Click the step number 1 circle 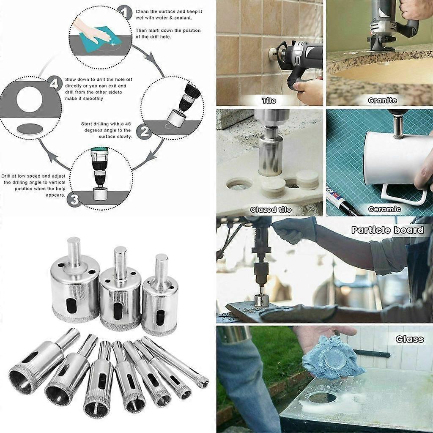[x=124, y=13]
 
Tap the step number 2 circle [x=144, y=132]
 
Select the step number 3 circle [x=74, y=199]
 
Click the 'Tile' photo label [x=269, y=101]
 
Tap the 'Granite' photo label [x=382, y=101]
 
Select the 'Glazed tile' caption [x=271, y=209]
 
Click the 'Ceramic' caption [x=384, y=209]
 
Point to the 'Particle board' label [x=387, y=230]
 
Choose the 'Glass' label [x=409, y=339]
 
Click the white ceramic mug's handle [x=404, y=194]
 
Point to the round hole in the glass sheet [x=322, y=397]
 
